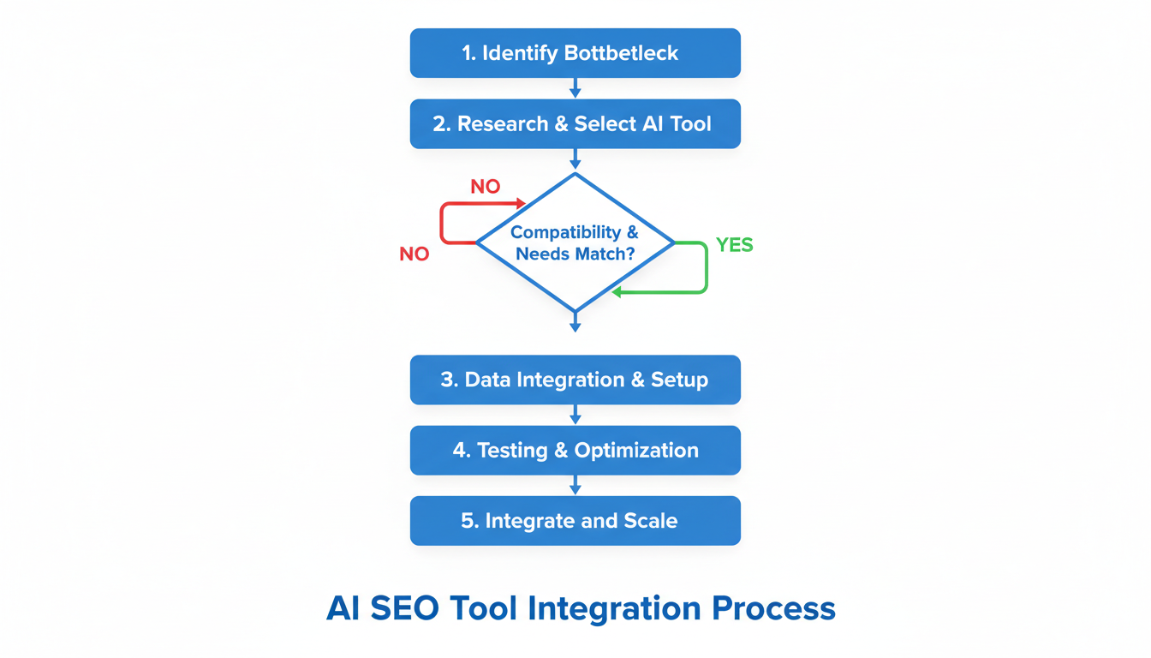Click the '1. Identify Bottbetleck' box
pyautogui.click(x=575, y=53)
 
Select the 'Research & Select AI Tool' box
pyautogui.click(x=575, y=124)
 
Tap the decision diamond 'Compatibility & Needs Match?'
pyautogui.click(x=575, y=243)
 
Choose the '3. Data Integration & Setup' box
pyautogui.click(x=575, y=380)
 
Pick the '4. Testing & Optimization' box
pyautogui.click(x=575, y=451)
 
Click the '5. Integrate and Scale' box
pyautogui.click(x=575, y=521)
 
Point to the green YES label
pyautogui.click(x=734, y=245)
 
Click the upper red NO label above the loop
pyautogui.click(x=486, y=187)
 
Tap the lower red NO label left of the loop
pyautogui.click(x=414, y=254)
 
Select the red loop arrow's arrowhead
pyautogui.click(x=520, y=204)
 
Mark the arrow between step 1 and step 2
pyautogui.click(x=575, y=88)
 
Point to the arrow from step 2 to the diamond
pyautogui.click(x=575, y=160)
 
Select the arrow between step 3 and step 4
pyautogui.click(x=575, y=416)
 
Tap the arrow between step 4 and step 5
pyautogui.click(x=575, y=486)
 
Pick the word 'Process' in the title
pyautogui.click(x=773, y=608)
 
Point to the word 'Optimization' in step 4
pyautogui.click(x=636, y=451)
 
